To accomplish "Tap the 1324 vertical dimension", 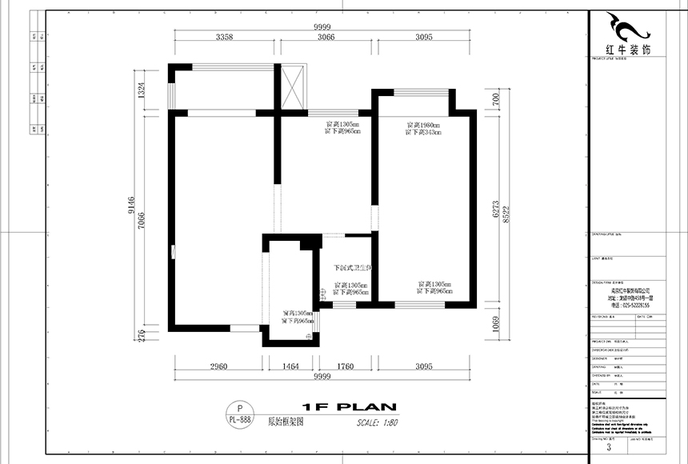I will point(141,90).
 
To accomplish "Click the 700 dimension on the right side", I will point(496,100).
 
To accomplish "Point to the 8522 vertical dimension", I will point(506,210).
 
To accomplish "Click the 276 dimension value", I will point(141,336).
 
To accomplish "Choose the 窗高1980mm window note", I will point(424,125).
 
